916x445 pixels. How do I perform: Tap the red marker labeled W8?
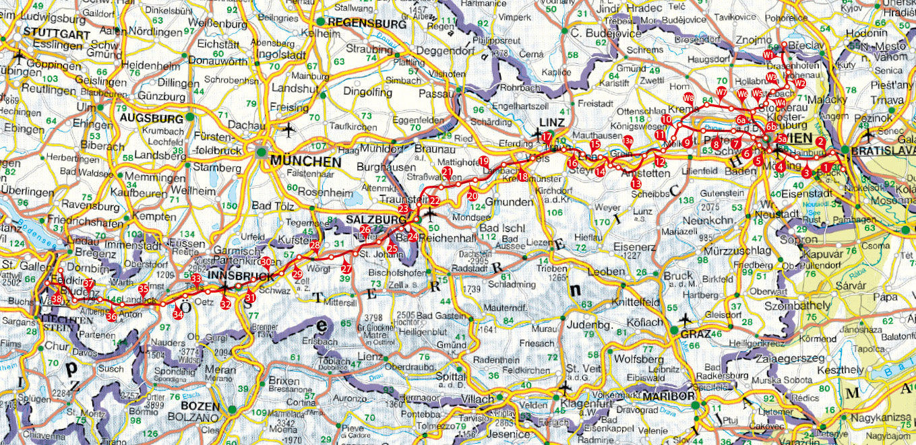688,99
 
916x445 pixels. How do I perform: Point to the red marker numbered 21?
448,173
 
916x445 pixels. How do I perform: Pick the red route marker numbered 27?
346,269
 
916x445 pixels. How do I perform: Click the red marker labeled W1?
768,54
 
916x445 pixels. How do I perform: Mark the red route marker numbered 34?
178,314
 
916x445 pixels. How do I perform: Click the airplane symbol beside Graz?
686,318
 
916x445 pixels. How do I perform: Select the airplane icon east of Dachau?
290,128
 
